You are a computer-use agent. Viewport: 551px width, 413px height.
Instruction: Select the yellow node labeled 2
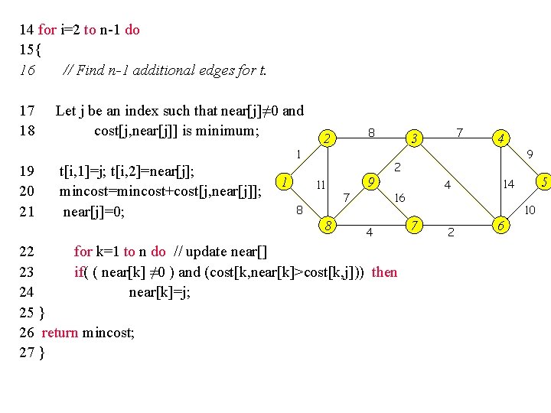pyautogui.click(x=328, y=138)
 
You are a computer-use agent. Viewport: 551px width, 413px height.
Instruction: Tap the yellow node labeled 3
pyautogui.click(x=414, y=138)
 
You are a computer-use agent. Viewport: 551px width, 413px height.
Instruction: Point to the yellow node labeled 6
pyautogui.click(x=501, y=226)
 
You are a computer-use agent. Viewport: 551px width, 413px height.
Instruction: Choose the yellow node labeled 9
pyautogui.click(x=370, y=183)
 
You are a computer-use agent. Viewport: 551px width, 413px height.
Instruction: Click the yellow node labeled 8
pyautogui.click(x=328, y=226)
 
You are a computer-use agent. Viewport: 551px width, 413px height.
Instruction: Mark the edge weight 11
pyautogui.click(x=321, y=185)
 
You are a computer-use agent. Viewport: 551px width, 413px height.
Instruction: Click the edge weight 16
pyautogui.click(x=399, y=198)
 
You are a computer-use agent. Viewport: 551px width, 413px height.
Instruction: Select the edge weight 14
pyautogui.click(x=508, y=184)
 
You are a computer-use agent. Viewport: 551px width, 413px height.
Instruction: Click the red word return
pyautogui.click(x=60, y=332)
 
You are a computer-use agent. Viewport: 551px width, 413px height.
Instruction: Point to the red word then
pyautogui.click(x=384, y=272)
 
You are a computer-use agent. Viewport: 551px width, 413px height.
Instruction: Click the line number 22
pyautogui.click(x=27, y=251)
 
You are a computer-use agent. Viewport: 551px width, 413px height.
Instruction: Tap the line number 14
pyautogui.click(x=27, y=30)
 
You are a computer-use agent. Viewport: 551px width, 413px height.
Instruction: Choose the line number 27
pyautogui.click(x=27, y=353)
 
